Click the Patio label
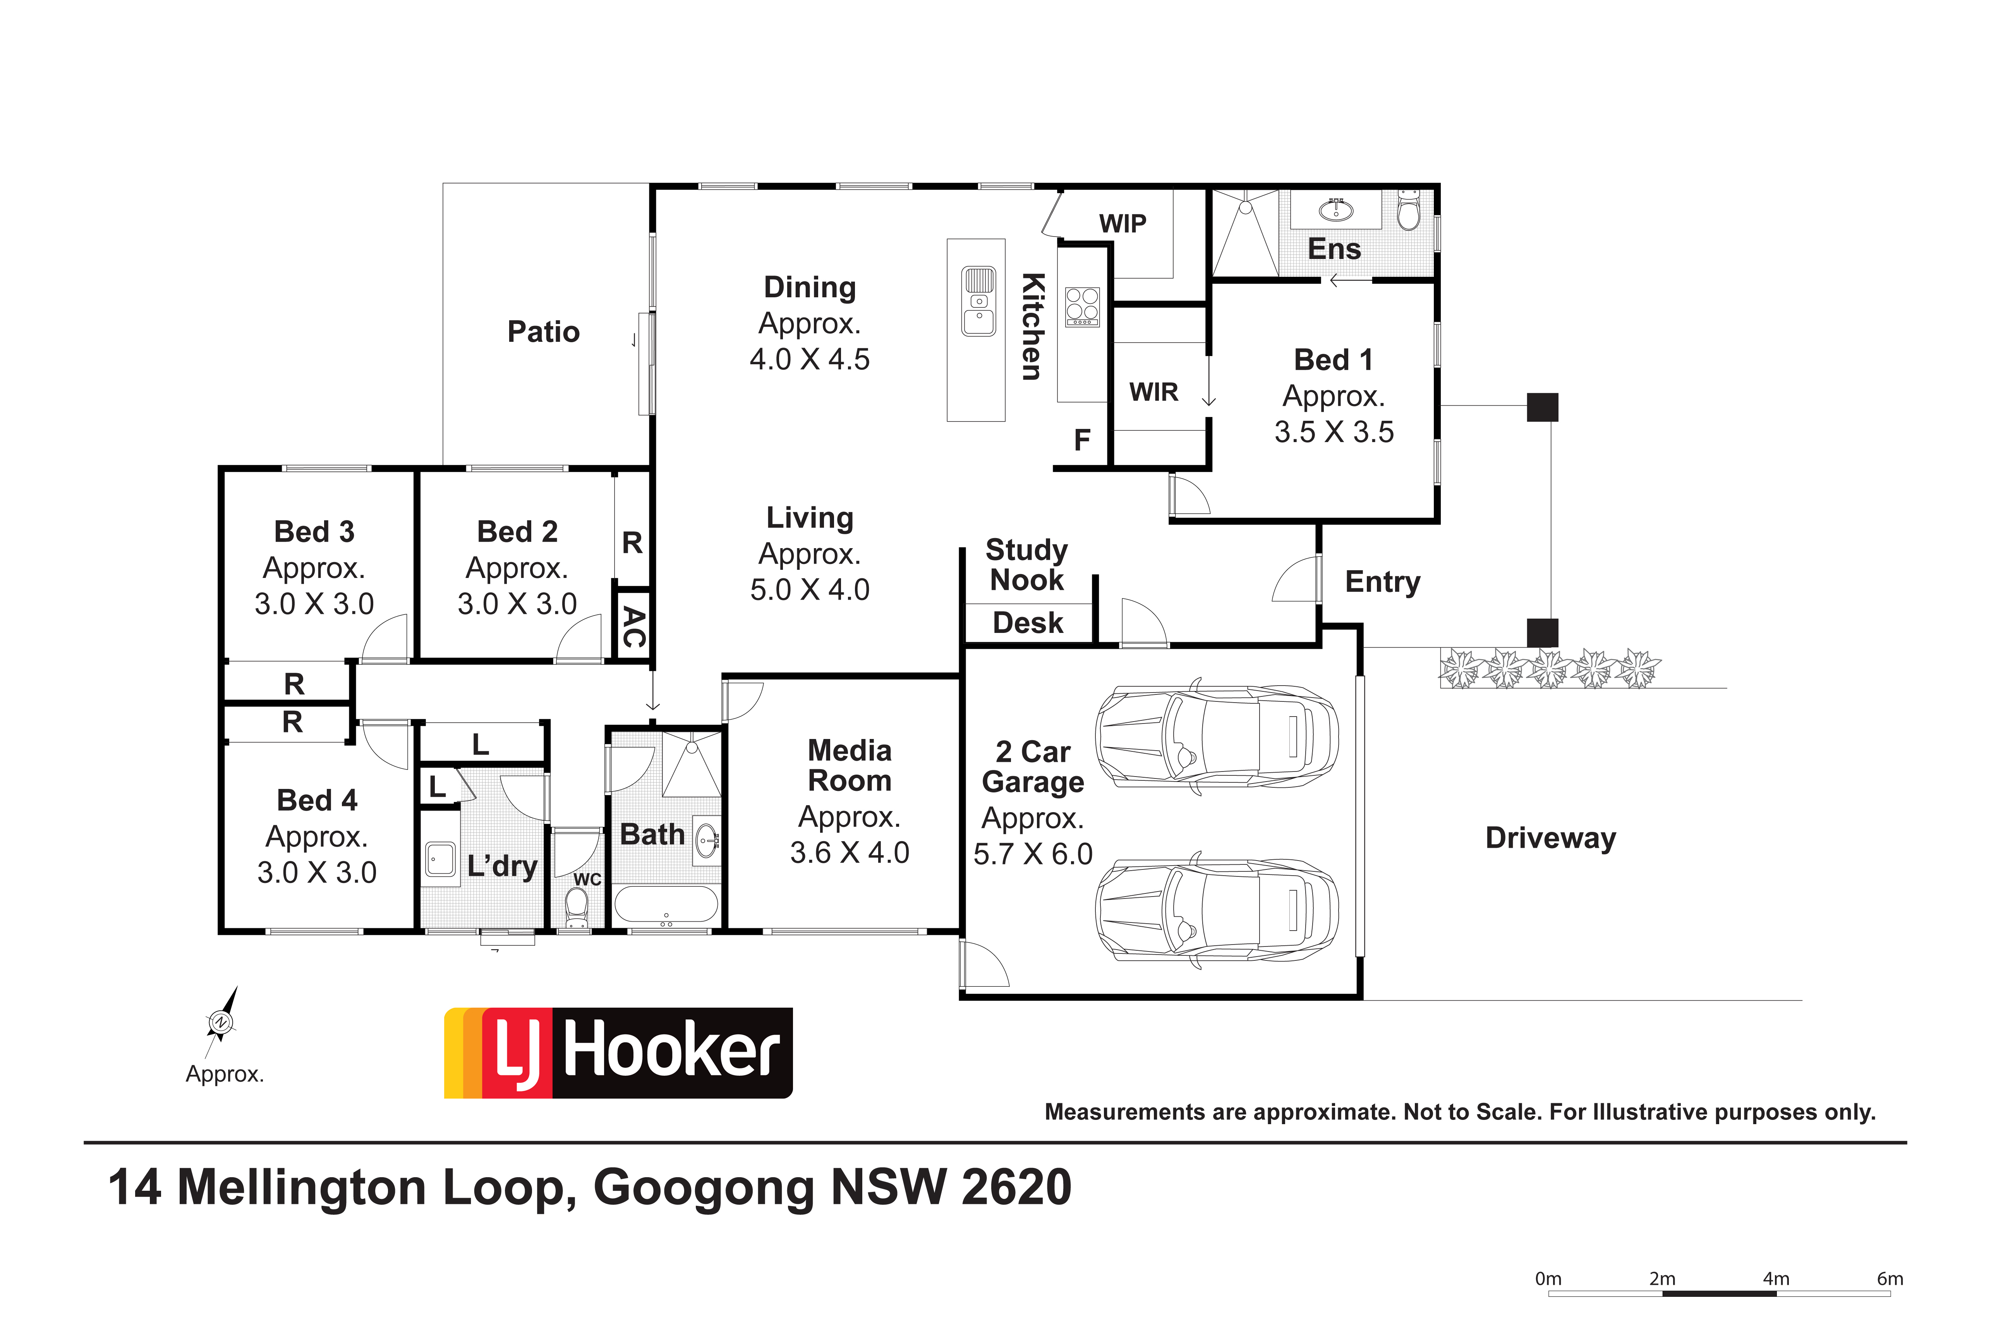pyautogui.click(x=544, y=332)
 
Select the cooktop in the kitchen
pyautogui.click(x=1082, y=306)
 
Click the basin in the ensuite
pyautogui.click(x=1336, y=208)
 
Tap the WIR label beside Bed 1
pyautogui.click(x=1154, y=392)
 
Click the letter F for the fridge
pyautogui.click(x=1082, y=440)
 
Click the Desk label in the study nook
pyautogui.click(x=1028, y=623)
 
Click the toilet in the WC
pyautogui.click(x=577, y=908)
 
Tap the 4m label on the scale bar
pyautogui.click(x=1776, y=1279)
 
